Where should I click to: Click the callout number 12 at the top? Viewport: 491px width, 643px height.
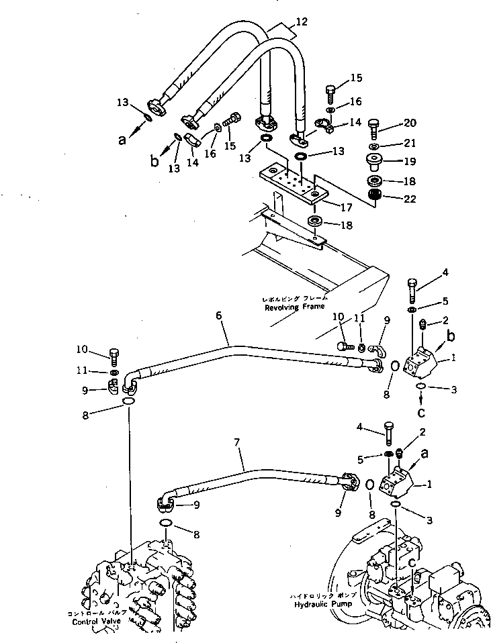pos(302,23)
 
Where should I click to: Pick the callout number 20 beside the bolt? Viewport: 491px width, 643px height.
pos(410,123)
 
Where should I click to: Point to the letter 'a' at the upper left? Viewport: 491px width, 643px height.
pos(122,140)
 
